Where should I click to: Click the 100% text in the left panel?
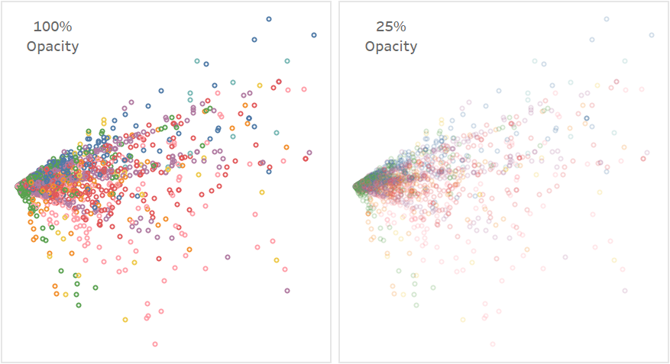click(53, 27)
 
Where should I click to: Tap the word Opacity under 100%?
click(53, 47)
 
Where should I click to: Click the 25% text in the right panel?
click(390, 27)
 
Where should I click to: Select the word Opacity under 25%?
click(390, 47)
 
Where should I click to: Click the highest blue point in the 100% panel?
click(268, 19)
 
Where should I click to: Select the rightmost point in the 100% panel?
click(314, 34)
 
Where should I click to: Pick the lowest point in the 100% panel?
click(155, 344)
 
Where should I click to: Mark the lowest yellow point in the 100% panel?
click(125, 320)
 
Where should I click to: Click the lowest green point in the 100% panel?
click(79, 305)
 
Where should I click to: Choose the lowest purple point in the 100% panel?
click(287, 291)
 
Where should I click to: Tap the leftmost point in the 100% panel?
click(18, 186)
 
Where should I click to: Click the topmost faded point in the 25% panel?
click(606, 19)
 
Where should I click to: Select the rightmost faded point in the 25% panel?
click(652, 34)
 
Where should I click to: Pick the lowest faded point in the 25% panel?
click(493, 344)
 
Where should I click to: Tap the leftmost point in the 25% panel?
click(356, 186)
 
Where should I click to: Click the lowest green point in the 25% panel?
click(416, 305)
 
